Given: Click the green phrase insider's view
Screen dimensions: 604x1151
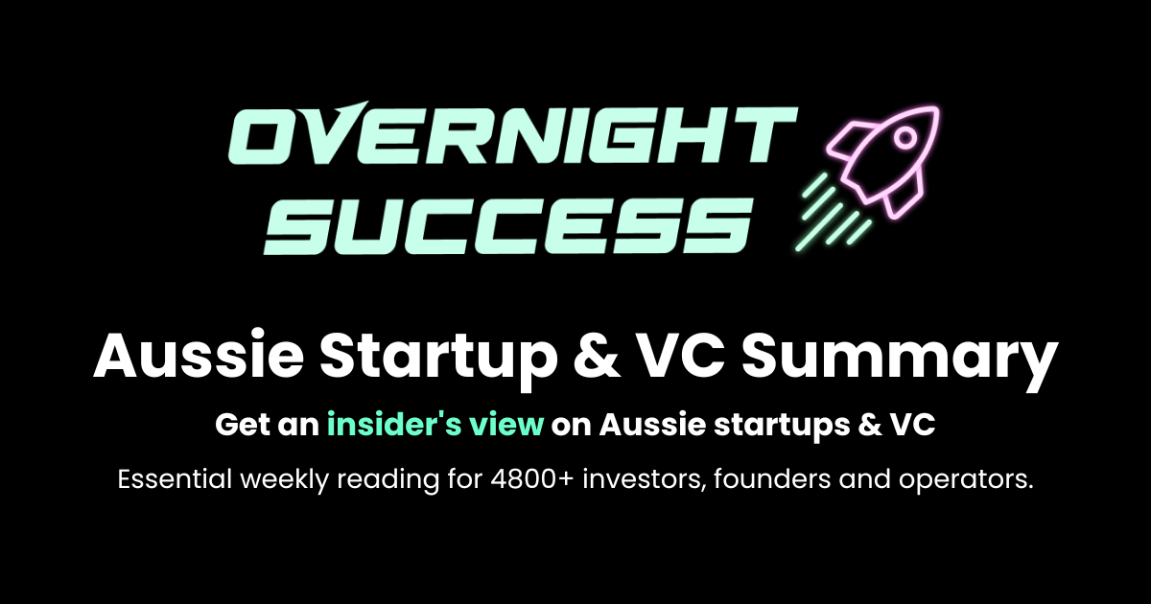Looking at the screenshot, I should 435,424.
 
